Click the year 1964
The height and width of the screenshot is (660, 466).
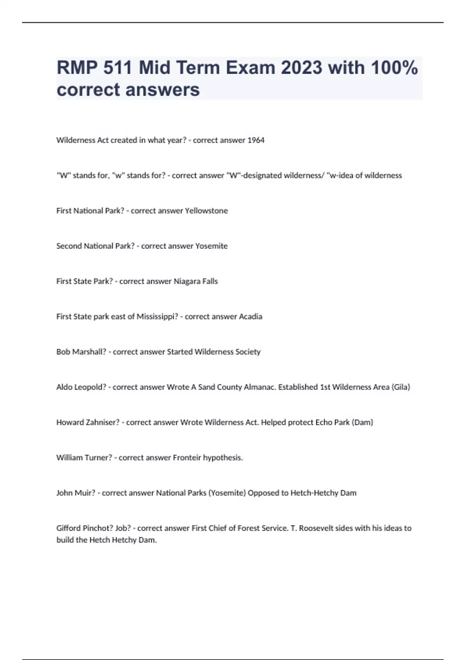(x=256, y=140)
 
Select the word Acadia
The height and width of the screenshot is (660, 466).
(x=250, y=316)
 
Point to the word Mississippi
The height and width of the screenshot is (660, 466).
(x=157, y=317)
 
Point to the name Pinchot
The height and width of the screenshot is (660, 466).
(x=97, y=528)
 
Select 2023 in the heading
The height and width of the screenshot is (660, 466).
(x=301, y=68)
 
